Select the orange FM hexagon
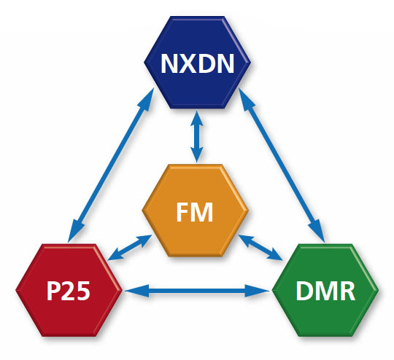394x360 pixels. [196, 212]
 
